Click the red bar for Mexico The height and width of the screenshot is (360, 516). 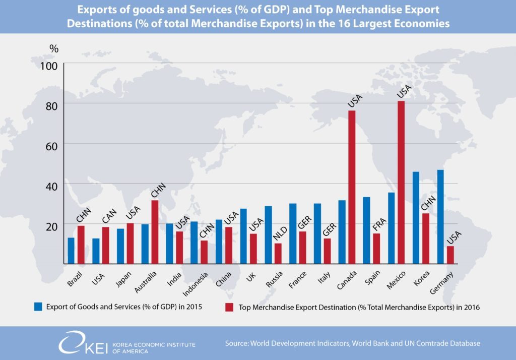(401, 182)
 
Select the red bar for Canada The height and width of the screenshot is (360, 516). (352, 187)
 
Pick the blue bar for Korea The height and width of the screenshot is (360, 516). (416, 217)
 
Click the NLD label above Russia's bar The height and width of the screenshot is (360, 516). (279, 234)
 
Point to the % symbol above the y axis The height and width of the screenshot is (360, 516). (54, 49)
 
